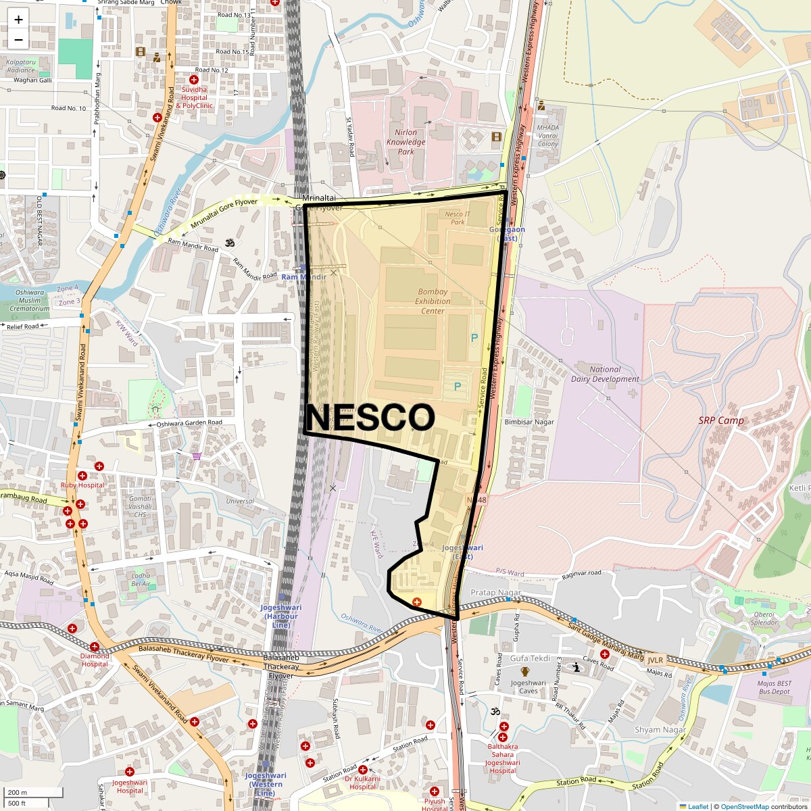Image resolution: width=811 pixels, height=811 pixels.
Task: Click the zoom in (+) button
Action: [x=18, y=20]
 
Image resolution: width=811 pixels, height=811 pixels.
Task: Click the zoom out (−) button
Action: [x=18, y=40]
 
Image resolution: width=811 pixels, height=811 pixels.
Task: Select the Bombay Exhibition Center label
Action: [x=433, y=301]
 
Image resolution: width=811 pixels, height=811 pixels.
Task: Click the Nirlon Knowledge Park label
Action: [x=405, y=142]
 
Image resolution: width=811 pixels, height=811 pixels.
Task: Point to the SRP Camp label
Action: [x=721, y=420]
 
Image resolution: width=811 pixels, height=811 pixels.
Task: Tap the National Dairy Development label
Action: [x=605, y=374]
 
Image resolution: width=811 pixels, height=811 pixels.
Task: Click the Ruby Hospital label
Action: [x=82, y=485]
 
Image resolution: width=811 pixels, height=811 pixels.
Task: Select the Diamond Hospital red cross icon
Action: [x=95, y=647]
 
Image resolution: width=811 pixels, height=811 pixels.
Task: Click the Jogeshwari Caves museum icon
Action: [x=524, y=672]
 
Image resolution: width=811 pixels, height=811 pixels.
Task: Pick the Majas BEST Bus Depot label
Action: [x=775, y=687]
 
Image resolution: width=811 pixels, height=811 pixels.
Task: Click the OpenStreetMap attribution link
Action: [x=744, y=806]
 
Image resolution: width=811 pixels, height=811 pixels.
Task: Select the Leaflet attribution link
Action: [x=697, y=806]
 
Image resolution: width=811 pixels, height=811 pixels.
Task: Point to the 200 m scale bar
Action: [x=34, y=793]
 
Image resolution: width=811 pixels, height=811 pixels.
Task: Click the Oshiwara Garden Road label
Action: [x=189, y=423]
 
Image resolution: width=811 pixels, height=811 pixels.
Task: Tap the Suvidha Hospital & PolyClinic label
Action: [x=194, y=97]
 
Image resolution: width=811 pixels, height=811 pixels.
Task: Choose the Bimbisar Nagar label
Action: [x=529, y=422]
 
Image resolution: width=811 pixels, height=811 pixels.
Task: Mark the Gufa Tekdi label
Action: [x=530, y=658]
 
